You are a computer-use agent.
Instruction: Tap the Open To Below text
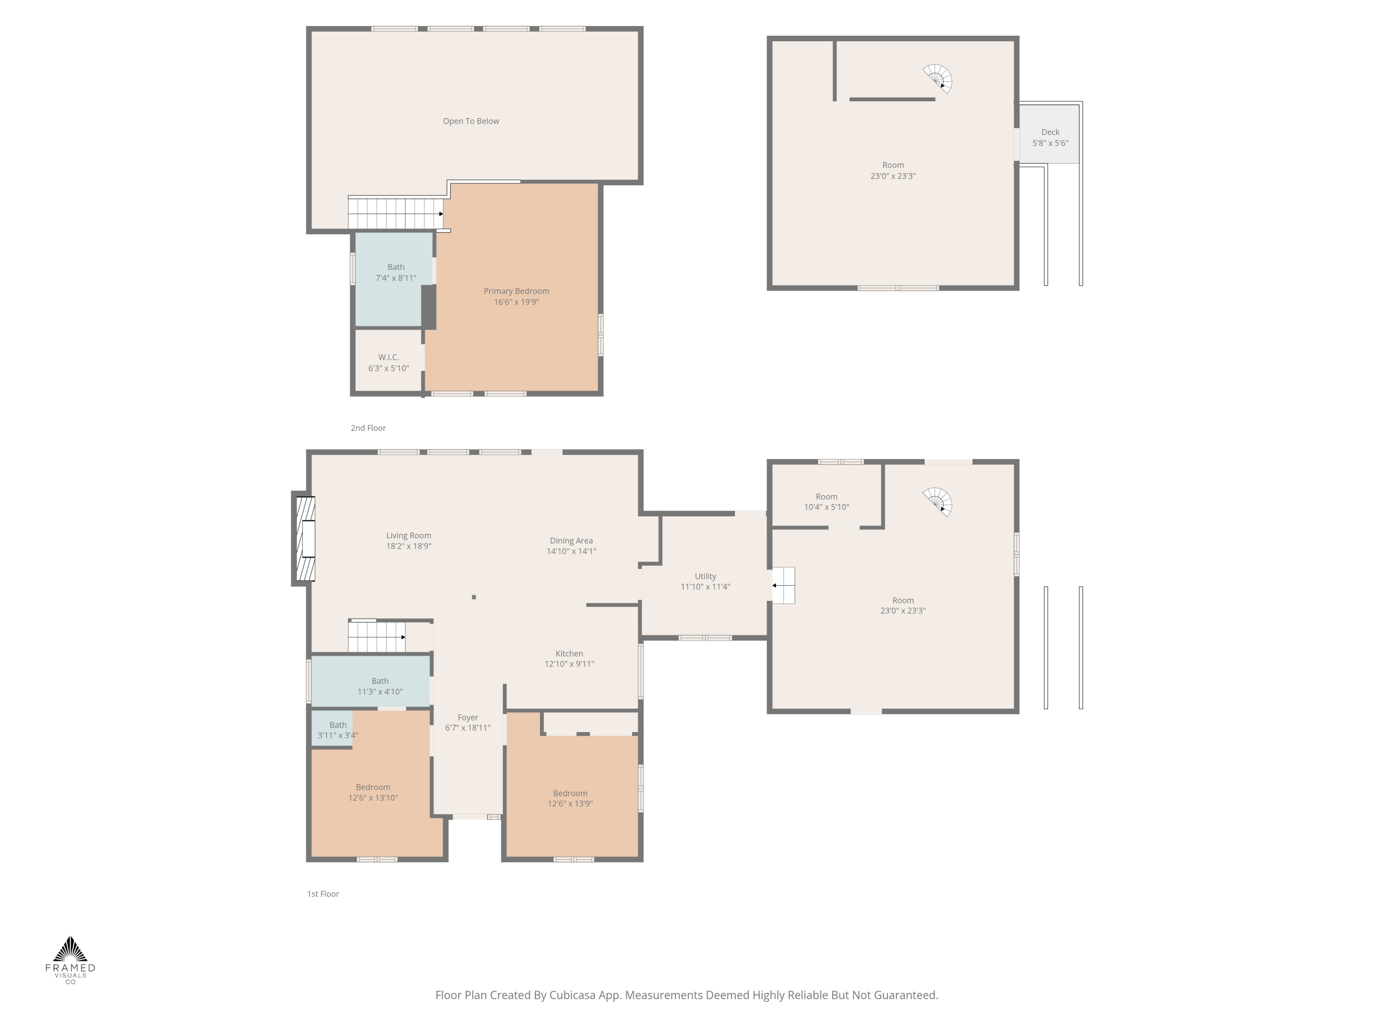point(471,121)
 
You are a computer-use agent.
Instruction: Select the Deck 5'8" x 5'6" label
point(1050,137)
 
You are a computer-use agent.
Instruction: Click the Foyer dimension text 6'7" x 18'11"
point(468,728)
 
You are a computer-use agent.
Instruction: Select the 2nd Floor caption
point(368,428)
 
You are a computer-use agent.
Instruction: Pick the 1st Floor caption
point(323,894)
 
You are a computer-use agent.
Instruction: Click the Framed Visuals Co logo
point(70,960)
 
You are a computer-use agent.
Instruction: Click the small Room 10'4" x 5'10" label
point(827,502)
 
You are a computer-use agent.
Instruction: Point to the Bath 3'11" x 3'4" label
point(338,730)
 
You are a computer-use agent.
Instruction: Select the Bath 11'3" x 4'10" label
point(380,686)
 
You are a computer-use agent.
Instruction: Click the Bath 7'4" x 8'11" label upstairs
point(396,272)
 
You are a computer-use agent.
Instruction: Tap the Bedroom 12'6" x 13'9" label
point(570,798)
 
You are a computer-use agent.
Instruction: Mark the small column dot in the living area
point(474,597)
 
